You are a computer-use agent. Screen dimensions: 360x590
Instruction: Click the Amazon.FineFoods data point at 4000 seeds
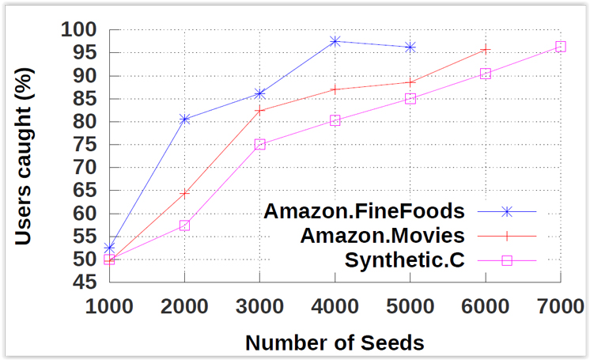point(335,40)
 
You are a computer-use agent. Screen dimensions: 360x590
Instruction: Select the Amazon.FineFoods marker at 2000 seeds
point(185,119)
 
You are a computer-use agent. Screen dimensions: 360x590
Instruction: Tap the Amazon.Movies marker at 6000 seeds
point(486,49)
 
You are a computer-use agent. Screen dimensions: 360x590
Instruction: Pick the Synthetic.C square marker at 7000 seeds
point(561,47)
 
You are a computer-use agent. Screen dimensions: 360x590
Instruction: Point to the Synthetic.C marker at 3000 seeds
point(260,144)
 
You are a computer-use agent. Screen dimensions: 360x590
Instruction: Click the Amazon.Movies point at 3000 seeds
point(260,110)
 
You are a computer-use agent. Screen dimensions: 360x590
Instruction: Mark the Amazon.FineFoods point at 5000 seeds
point(410,47)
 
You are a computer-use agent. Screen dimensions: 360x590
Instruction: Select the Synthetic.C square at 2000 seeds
point(185,225)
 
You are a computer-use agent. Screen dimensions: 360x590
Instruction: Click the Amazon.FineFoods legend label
point(363,212)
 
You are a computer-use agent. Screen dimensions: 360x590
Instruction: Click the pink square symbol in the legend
point(508,260)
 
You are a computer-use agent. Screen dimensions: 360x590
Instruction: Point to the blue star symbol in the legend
point(508,212)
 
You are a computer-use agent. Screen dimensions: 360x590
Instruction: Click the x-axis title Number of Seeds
point(335,343)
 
